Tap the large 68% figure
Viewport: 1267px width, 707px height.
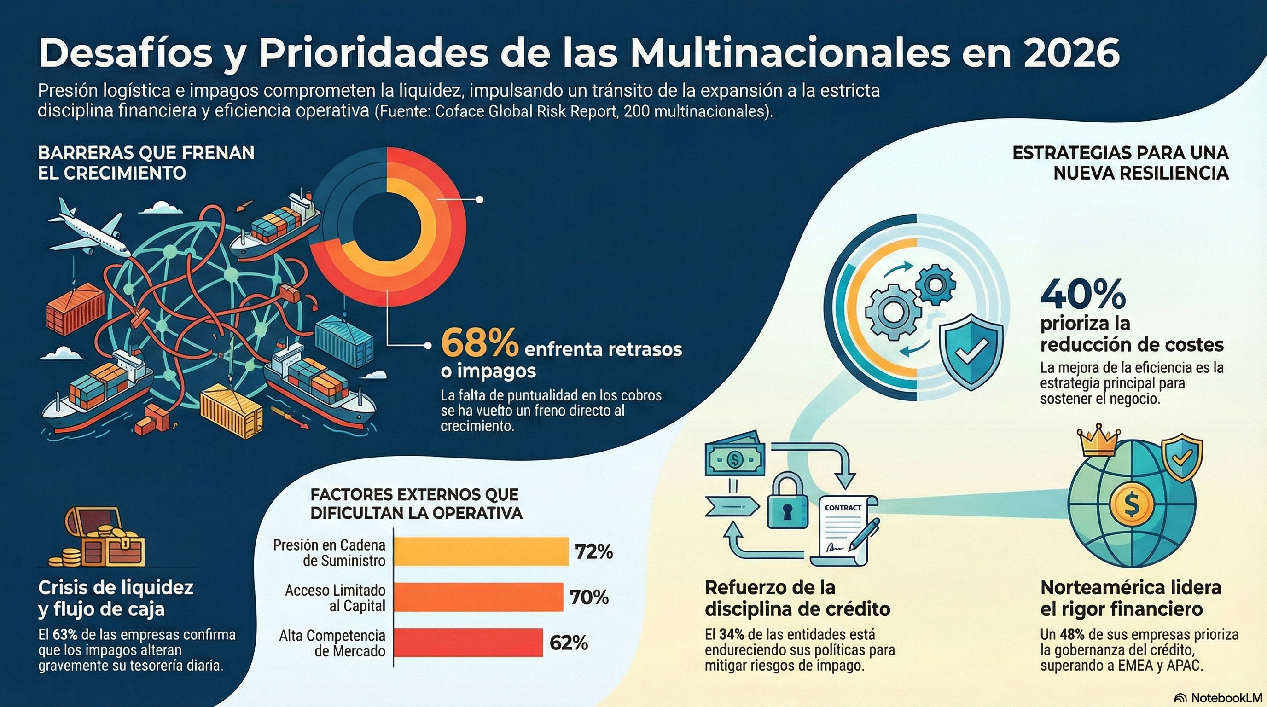coord(480,343)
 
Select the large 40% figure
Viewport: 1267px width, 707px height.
coord(1083,295)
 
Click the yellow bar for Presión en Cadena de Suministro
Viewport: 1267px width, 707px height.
coord(481,551)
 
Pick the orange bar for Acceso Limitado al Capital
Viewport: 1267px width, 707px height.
coord(478,597)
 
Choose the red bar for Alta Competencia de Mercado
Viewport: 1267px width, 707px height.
coord(468,642)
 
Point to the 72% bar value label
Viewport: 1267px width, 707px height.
coord(593,551)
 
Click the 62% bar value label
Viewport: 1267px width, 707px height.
coord(569,643)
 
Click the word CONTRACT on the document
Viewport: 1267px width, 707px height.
coord(843,507)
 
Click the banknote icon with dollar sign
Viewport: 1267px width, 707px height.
coord(735,459)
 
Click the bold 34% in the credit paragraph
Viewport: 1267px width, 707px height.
coord(732,634)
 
